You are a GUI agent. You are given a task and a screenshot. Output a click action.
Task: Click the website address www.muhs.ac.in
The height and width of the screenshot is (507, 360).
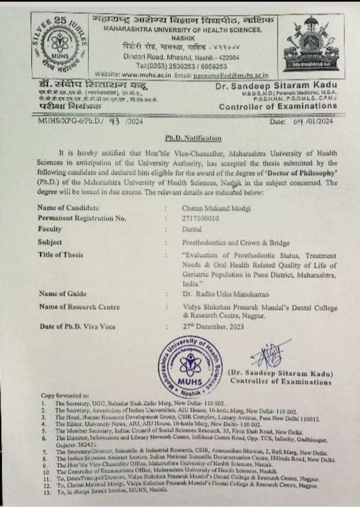coord(146,74)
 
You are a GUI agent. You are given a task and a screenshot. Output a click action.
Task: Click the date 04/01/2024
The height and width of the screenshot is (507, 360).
coord(313,121)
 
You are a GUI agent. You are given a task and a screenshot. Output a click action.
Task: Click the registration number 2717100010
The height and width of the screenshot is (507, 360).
coord(201,218)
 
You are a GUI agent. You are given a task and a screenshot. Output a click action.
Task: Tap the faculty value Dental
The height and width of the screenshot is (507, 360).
coord(192,229)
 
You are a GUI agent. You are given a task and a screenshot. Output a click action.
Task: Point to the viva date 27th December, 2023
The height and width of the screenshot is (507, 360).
coord(213,327)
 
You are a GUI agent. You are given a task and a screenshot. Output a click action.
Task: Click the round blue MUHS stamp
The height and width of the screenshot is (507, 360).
coord(190,366)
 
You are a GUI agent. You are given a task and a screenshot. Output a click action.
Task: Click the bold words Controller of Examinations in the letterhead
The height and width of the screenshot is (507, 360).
coord(278,106)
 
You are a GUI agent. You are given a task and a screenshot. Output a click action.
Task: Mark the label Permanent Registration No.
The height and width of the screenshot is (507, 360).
coord(82,218)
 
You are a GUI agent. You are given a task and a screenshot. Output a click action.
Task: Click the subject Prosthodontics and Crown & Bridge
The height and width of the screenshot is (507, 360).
coord(236,242)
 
